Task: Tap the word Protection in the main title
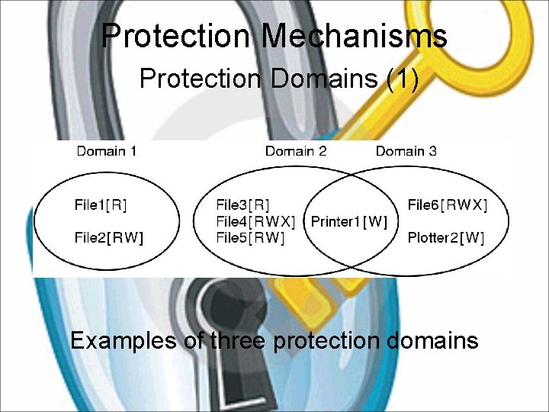(x=176, y=36)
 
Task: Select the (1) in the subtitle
(x=402, y=79)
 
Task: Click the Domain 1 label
(x=107, y=150)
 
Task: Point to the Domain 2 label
(x=296, y=150)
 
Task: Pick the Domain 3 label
(x=406, y=150)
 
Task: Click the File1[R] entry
(x=101, y=204)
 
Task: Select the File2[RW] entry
(x=108, y=237)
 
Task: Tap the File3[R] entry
(x=242, y=204)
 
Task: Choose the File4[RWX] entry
(x=255, y=221)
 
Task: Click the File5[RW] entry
(x=250, y=237)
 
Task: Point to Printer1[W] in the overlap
(x=349, y=221)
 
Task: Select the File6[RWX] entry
(x=448, y=204)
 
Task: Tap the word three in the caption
(x=236, y=340)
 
